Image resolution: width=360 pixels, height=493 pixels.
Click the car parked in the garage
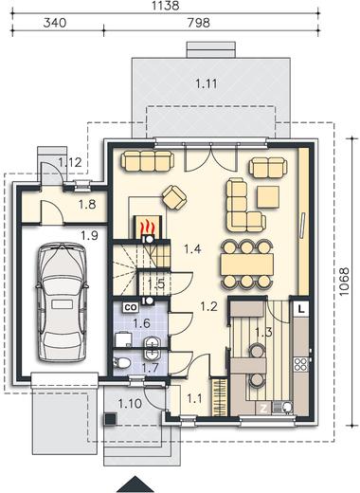tap(62, 302)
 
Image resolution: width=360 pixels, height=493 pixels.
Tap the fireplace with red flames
tap(148, 227)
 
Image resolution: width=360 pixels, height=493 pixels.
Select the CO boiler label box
tap(131, 307)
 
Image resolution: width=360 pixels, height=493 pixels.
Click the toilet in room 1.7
tap(121, 363)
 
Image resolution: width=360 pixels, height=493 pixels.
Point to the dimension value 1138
tap(166, 6)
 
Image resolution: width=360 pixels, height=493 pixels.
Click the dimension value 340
tap(55, 23)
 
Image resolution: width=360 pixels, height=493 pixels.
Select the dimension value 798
tap(198, 23)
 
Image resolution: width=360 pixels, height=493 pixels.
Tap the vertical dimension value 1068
tap(344, 282)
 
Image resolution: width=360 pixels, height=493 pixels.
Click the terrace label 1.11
tap(207, 83)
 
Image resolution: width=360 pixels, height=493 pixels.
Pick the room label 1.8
tap(87, 205)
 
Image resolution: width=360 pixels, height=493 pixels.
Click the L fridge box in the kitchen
tap(301, 309)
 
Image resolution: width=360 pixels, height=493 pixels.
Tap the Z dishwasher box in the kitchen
tap(263, 409)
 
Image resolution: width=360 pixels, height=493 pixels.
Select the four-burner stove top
tap(301, 364)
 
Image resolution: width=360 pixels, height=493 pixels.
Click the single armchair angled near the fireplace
tap(174, 197)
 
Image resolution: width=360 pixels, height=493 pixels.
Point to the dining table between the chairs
tap(247, 265)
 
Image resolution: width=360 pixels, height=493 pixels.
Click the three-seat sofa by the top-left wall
tap(148, 160)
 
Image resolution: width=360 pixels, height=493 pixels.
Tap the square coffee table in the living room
tap(268, 197)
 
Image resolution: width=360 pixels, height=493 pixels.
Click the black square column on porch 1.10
tap(110, 419)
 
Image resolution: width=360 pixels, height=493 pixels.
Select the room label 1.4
tap(192, 249)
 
